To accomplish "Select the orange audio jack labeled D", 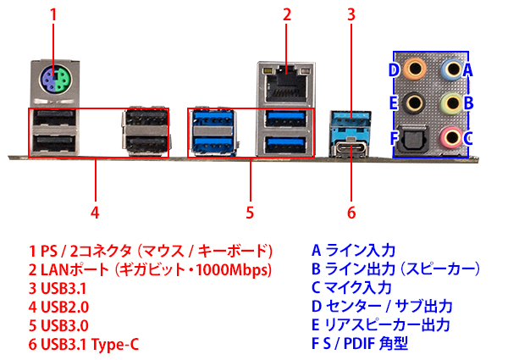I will [x=415, y=66].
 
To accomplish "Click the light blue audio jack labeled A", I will [x=453, y=66].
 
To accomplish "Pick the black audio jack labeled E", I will [x=415, y=102].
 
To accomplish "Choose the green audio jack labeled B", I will [x=453, y=102].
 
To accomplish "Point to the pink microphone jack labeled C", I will [x=453, y=136].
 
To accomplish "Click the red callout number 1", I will [x=53, y=14].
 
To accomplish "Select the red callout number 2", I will [x=288, y=14].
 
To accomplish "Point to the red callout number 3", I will [x=351, y=14].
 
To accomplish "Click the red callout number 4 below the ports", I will [x=95, y=210].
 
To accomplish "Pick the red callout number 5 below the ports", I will [x=251, y=210].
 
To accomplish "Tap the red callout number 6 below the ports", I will [x=351, y=210].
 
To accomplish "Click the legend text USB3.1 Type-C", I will [x=86, y=345].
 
